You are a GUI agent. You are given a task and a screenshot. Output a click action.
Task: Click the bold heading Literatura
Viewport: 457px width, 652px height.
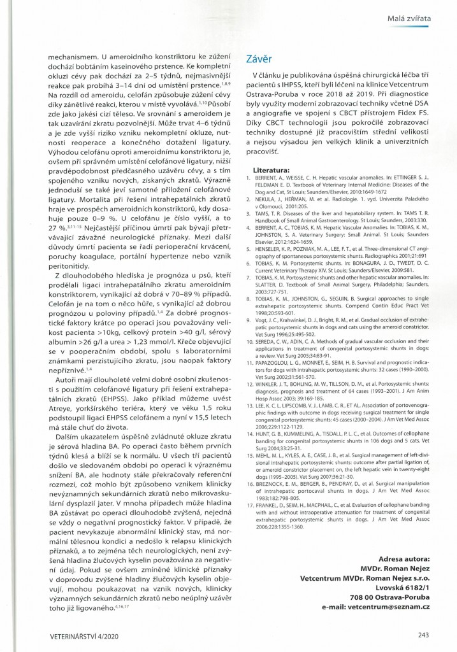[271, 171]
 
